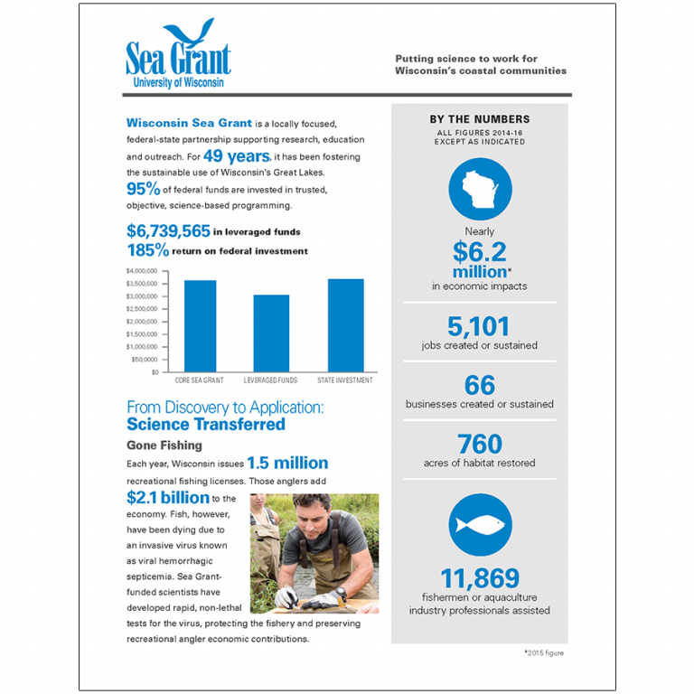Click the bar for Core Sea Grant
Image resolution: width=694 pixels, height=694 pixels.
pyautogui.click(x=200, y=325)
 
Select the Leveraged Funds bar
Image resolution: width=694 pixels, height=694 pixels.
pyautogui.click(x=271, y=333)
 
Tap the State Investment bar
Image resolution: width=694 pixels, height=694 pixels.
pyautogui.click(x=345, y=325)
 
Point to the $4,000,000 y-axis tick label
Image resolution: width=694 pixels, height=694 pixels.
pyautogui.click(x=141, y=271)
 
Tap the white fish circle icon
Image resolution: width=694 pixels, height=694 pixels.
pyautogui.click(x=480, y=525)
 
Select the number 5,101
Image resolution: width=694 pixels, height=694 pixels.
pyautogui.click(x=479, y=326)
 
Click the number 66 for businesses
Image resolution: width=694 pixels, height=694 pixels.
pyautogui.click(x=479, y=385)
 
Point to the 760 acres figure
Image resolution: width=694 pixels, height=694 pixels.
pyautogui.click(x=479, y=444)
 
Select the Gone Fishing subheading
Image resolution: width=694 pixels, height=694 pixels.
pyautogui.click(x=164, y=445)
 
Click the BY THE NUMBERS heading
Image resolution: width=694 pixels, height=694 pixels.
pyautogui.click(x=479, y=119)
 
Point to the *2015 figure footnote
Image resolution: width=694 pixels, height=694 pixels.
pyautogui.click(x=544, y=652)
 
